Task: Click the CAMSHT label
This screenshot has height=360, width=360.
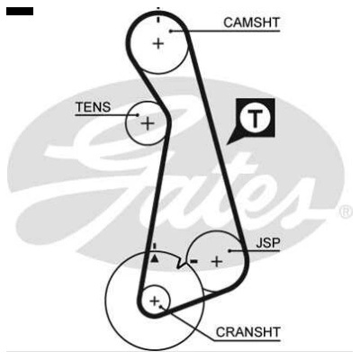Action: tap(251, 22)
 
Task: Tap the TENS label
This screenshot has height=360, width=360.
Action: tap(93, 107)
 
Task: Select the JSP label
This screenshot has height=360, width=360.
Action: tap(268, 243)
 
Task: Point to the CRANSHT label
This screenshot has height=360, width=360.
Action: tap(248, 332)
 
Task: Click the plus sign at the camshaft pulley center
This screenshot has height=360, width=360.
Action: tap(158, 44)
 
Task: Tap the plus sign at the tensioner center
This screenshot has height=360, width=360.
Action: tap(148, 123)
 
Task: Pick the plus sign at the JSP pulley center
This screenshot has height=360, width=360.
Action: tap(217, 262)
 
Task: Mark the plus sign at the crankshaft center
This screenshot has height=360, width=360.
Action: tap(155, 301)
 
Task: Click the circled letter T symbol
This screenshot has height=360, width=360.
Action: tap(255, 118)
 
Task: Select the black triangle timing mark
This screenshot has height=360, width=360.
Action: tap(154, 258)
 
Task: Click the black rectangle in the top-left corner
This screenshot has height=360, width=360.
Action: tap(20, 12)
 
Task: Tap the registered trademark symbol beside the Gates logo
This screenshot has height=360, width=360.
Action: tap(346, 212)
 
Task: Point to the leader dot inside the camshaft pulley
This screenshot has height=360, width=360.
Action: tap(170, 31)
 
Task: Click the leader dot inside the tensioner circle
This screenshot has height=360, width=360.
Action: tap(138, 114)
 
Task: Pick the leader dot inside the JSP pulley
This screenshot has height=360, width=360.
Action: tap(229, 250)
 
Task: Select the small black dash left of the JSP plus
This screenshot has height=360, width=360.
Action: tap(194, 262)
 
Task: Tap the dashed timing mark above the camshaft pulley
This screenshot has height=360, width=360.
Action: tap(158, 15)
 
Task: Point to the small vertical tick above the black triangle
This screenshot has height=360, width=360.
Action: tap(155, 247)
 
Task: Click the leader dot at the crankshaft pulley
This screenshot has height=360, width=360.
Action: tap(161, 307)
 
